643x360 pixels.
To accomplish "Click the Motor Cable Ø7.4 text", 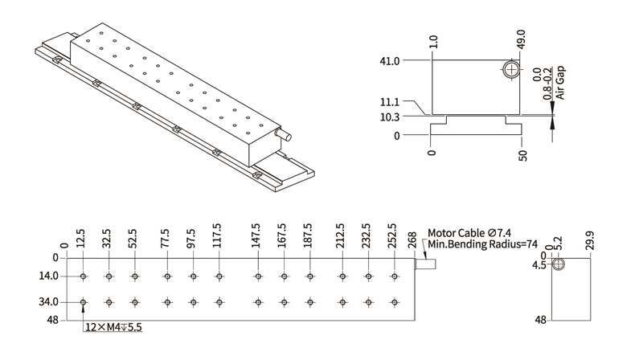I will (x=475, y=232).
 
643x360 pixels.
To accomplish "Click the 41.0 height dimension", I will (x=390, y=60).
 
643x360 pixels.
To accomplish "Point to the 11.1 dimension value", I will (x=390, y=102).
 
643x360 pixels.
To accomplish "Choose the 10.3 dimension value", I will (x=390, y=117).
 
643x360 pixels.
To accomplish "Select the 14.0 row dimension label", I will (x=49, y=276).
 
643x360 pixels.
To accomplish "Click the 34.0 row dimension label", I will (x=49, y=302).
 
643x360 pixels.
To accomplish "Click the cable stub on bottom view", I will (x=425, y=263).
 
